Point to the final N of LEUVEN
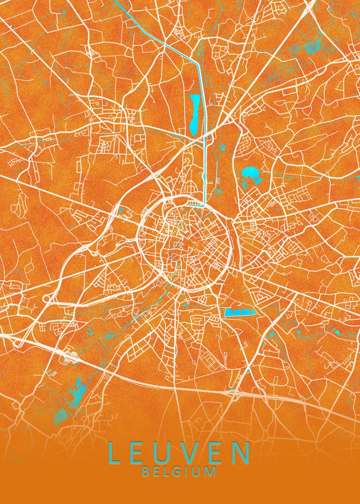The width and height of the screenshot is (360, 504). (x=241, y=452)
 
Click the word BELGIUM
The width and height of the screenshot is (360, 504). (x=179, y=471)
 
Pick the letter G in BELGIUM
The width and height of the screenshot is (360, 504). (x=179, y=471)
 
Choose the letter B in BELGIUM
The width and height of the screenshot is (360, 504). (x=146, y=471)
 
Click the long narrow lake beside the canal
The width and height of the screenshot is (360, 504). (x=194, y=114)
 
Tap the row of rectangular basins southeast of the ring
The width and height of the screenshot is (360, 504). (x=240, y=312)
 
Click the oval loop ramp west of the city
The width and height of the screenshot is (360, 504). (x=47, y=299)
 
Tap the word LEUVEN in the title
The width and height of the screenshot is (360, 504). (x=179, y=452)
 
